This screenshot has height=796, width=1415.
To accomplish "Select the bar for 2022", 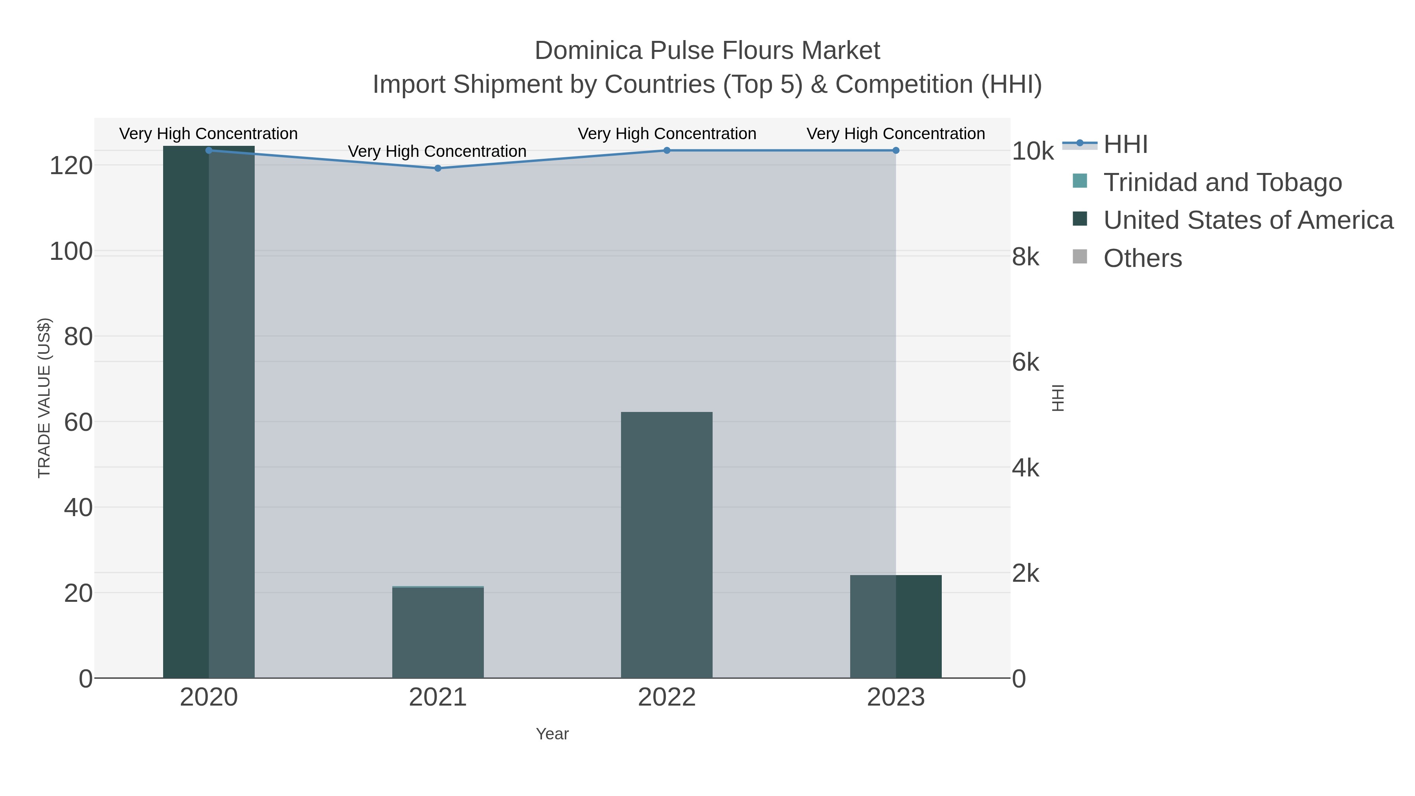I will pyautogui.click(x=666, y=544).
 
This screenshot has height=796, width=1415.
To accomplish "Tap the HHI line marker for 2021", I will pyautogui.click(x=438, y=168).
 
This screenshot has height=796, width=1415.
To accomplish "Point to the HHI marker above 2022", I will pyautogui.click(x=666, y=151).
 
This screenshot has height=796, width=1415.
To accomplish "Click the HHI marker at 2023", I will pyautogui.click(x=895, y=151).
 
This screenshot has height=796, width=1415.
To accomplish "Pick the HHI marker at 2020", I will pyautogui.click(x=209, y=151).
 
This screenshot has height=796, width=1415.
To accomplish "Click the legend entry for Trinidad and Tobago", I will pyautogui.click(x=1222, y=182).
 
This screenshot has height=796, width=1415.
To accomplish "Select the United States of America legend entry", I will pyautogui.click(x=1247, y=220).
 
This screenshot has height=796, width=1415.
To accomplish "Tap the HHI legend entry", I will pyautogui.click(x=1125, y=145).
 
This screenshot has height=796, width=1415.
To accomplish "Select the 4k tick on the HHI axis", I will pyautogui.click(x=1025, y=468).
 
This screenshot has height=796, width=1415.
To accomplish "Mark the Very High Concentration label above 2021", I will pyautogui.click(x=437, y=151).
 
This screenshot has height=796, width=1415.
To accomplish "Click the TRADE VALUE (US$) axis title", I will pyautogui.click(x=44, y=398).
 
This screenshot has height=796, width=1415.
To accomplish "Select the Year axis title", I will pyautogui.click(x=552, y=734).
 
